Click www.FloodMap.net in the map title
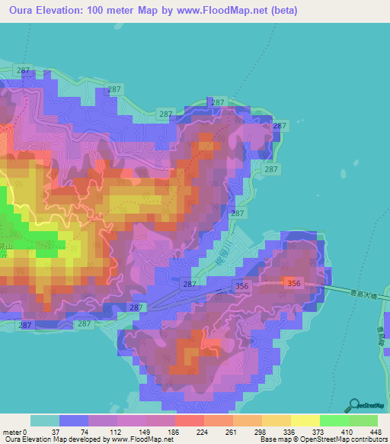(233, 11)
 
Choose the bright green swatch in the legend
(334, 421)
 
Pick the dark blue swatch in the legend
(74, 421)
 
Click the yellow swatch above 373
(305, 421)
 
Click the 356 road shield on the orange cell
(293, 283)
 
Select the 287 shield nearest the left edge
(25, 325)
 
